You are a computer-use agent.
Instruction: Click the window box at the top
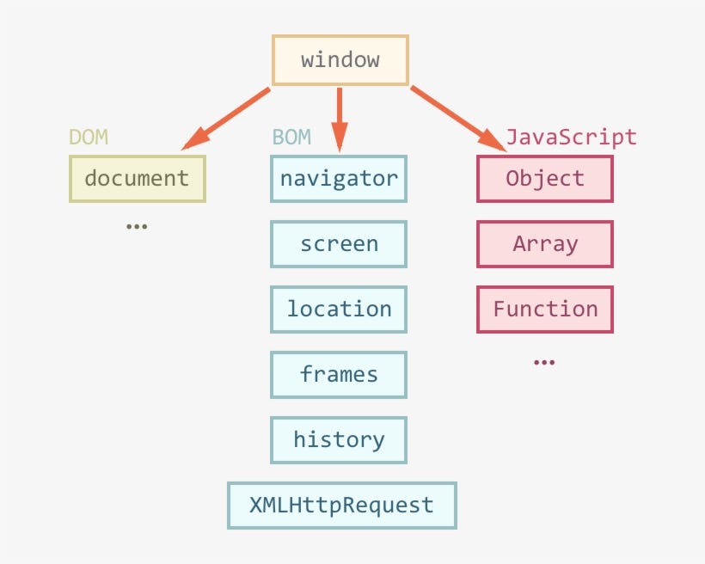coord(340,60)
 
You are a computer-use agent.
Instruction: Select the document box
coord(137,179)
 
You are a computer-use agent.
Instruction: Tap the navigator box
coord(339,179)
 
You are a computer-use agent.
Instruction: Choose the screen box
coord(339,244)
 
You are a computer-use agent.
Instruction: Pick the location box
coord(339,310)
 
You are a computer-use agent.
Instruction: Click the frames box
coord(339,375)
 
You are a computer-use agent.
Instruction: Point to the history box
coord(339,440)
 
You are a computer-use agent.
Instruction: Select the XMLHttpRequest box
coord(341,506)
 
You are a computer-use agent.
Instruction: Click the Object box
coord(545,179)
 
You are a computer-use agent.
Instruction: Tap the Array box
coord(545,244)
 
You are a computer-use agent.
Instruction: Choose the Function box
coord(545,310)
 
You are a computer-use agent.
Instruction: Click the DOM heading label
coord(89,138)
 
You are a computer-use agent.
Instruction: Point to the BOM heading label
coord(291,138)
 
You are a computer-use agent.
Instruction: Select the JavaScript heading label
coord(571,138)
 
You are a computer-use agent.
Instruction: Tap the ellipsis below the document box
coord(137,227)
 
